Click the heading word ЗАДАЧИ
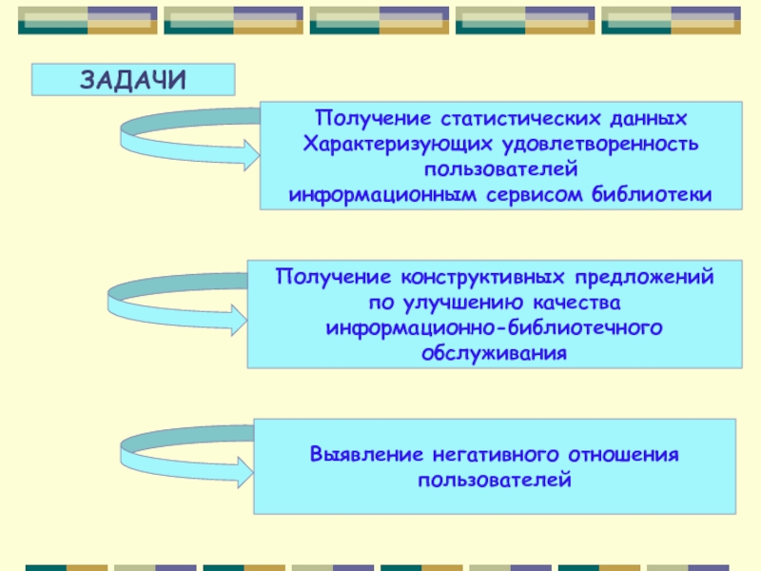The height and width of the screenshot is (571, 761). point(133,80)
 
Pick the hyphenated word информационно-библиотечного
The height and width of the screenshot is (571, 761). point(494,327)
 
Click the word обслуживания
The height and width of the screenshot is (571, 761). point(494,352)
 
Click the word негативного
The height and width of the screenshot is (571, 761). point(494,454)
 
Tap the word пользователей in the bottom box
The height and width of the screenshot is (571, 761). point(494,478)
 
